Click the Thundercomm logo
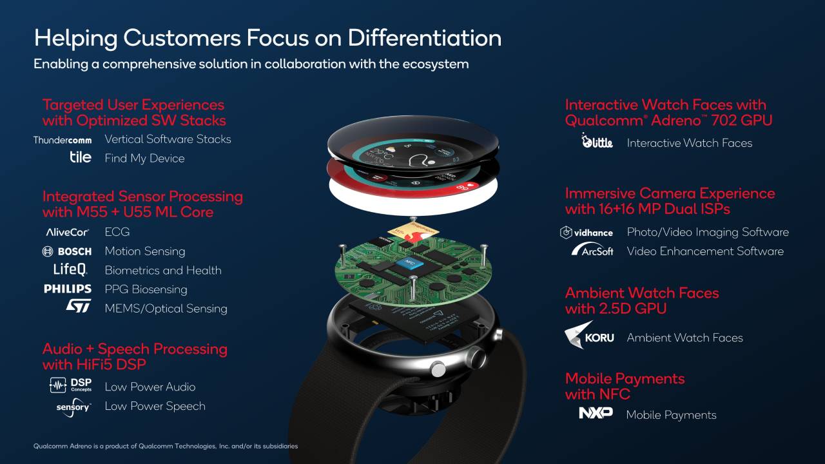tap(63, 139)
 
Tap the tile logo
tap(81, 157)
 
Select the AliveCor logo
tap(67, 232)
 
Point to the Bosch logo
tap(67, 251)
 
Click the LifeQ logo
tap(70, 270)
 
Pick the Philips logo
tap(68, 289)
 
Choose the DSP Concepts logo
tap(71, 386)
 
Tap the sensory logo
tap(73, 407)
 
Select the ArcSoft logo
tap(592, 251)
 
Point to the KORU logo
tap(589, 336)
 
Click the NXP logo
tap(596, 413)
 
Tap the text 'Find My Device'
tap(144, 159)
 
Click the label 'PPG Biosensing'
tap(146, 289)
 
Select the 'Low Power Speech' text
tap(155, 406)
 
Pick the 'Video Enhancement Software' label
tap(705, 251)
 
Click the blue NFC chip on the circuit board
tap(409, 262)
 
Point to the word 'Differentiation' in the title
tap(425, 38)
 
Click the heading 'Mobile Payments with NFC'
tap(625, 386)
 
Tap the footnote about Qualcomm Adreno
tap(166, 446)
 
